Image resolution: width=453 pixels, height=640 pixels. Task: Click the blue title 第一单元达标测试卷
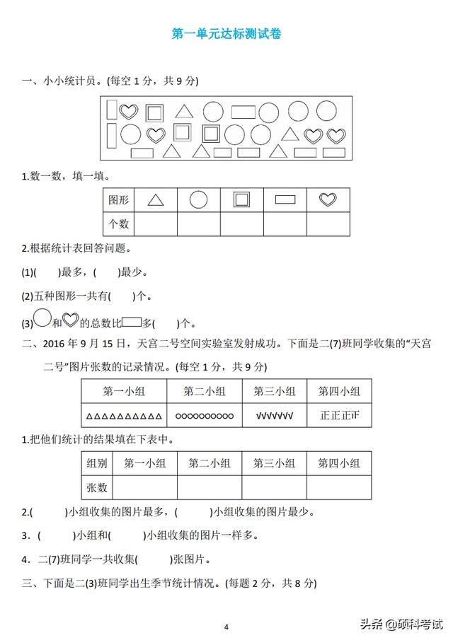(226, 33)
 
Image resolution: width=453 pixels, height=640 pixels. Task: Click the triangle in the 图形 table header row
(156, 200)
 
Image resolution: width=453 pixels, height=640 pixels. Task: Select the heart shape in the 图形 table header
(328, 200)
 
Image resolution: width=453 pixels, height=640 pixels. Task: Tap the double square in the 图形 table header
(241, 200)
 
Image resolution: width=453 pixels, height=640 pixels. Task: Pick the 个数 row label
(118, 223)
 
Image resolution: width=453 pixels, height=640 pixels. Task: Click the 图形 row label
(118, 200)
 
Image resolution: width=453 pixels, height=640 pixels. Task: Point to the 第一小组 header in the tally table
(124, 391)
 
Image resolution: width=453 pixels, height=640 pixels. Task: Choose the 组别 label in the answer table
(97, 463)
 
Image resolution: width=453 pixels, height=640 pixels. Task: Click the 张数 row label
(97, 487)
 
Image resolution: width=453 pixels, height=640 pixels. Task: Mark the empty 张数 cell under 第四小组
(338, 487)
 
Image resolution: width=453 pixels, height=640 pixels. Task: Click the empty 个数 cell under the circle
(199, 223)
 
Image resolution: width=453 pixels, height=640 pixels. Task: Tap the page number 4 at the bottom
(226, 627)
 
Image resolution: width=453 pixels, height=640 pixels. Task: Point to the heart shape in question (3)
(70, 321)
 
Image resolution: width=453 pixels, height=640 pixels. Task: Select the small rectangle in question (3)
(132, 322)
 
